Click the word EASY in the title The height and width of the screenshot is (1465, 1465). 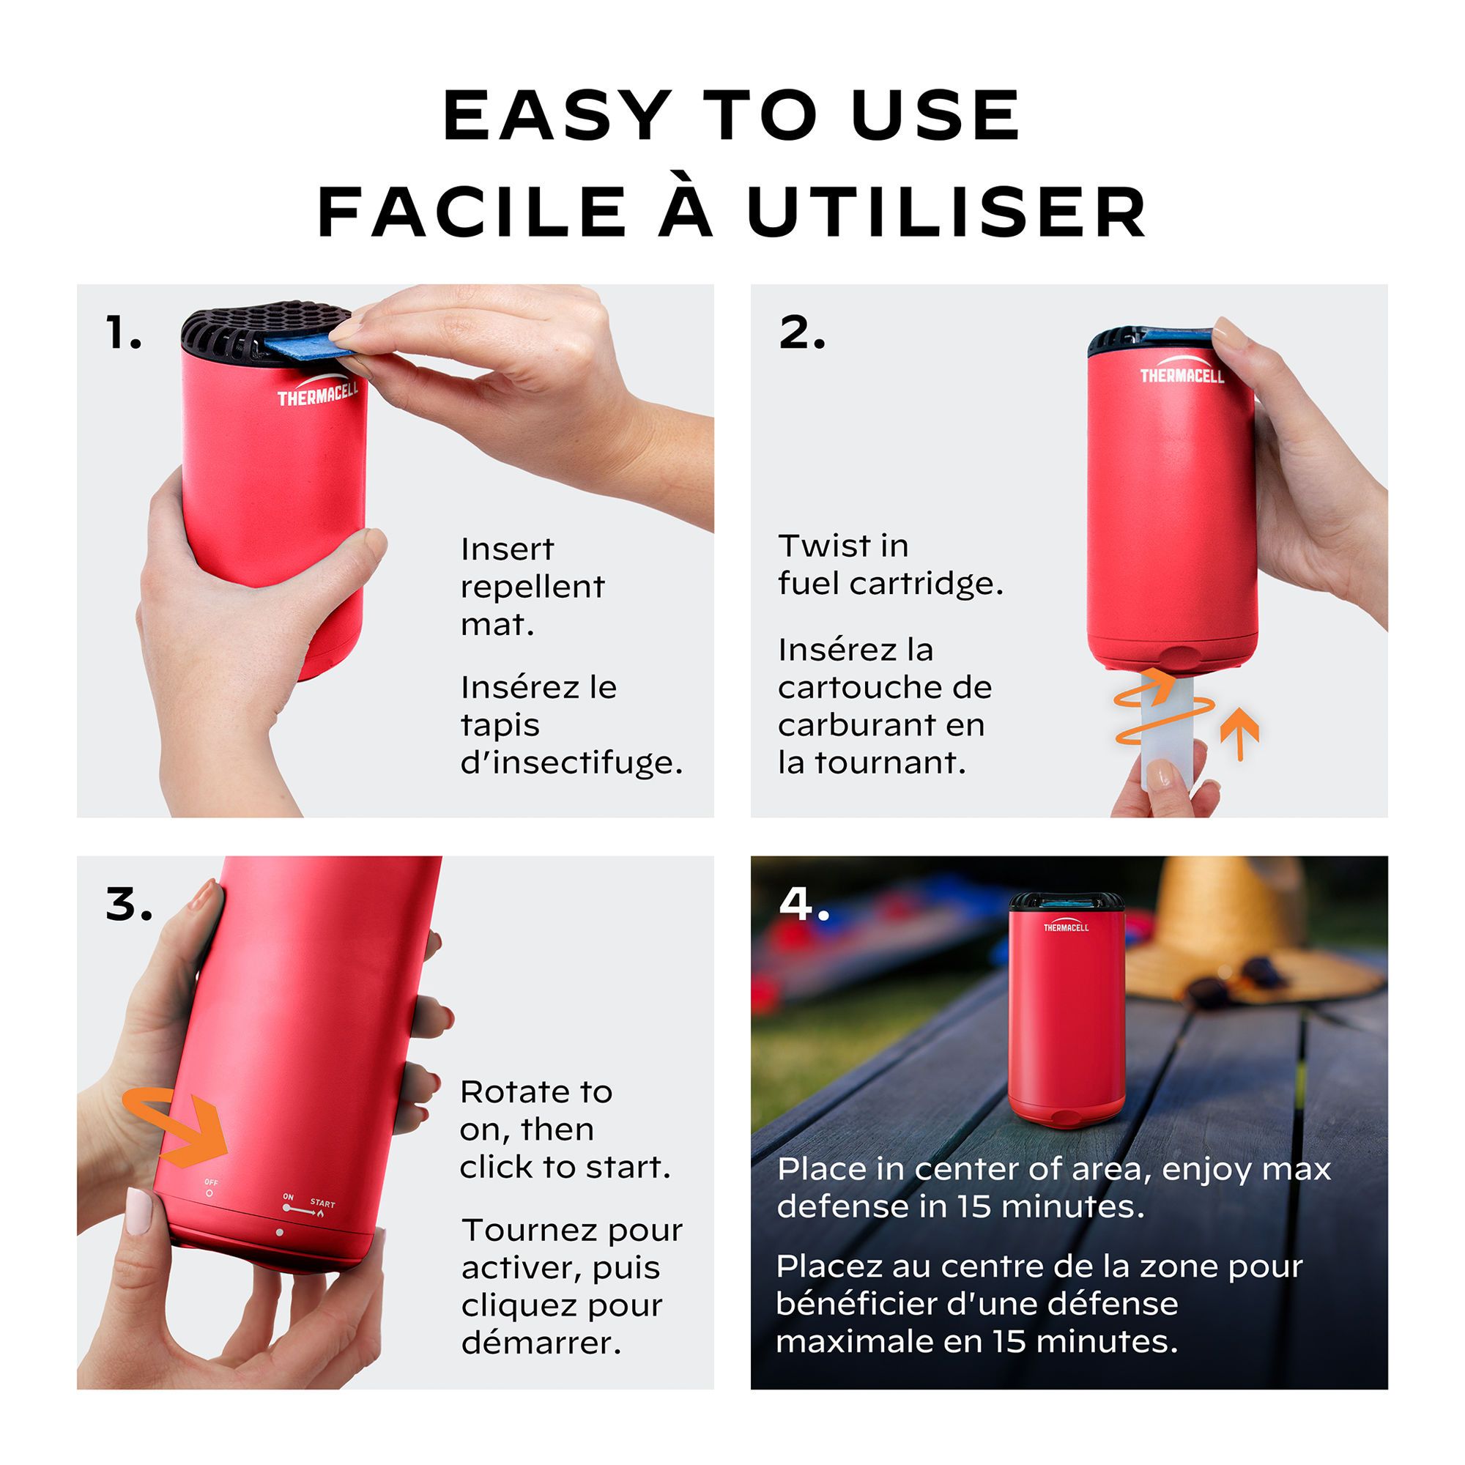tap(558, 115)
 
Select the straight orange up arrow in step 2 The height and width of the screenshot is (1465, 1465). tap(1240, 733)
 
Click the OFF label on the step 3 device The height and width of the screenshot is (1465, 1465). tap(211, 1182)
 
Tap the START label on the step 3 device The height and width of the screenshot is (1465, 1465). tap(322, 1203)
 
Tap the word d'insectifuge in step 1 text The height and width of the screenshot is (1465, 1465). tap(572, 763)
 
